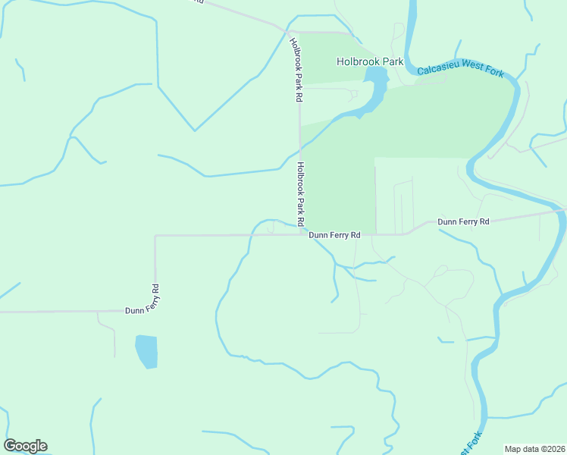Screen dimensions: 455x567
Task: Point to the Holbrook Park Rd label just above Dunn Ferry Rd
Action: [x=301, y=194]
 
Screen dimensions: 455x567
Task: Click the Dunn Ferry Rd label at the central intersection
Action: [x=334, y=235]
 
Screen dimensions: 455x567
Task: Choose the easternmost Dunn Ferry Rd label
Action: [x=464, y=221]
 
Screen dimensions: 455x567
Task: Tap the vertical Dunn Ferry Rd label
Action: [x=155, y=298]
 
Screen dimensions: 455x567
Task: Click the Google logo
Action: [x=26, y=446]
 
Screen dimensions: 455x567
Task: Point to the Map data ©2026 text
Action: [x=534, y=449]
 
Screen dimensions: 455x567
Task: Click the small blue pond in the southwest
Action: [x=146, y=351]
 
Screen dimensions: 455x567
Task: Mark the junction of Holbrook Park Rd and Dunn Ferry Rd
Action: [x=301, y=234]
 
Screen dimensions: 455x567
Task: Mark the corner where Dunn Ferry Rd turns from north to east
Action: [x=155, y=236]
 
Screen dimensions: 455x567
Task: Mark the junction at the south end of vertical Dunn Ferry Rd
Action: [x=155, y=311]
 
